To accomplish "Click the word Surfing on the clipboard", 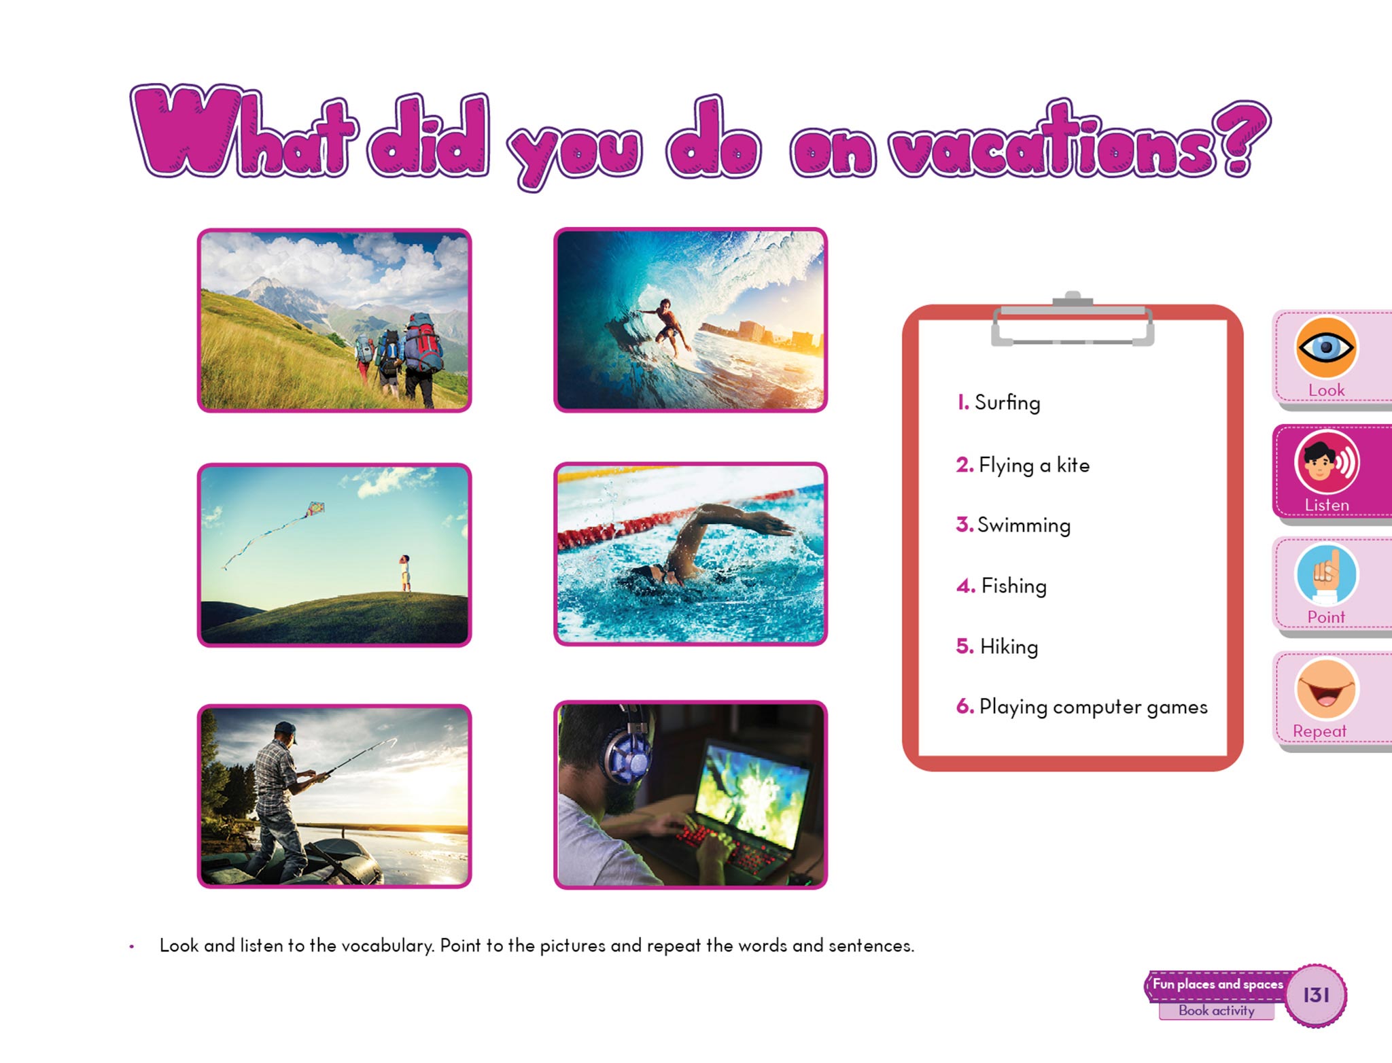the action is coord(1007,403).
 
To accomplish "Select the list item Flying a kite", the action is coord(1034,466).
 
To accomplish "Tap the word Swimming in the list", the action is coord(1024,525).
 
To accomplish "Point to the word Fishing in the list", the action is coord(1013,586).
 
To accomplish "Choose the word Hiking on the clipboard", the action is coord(1009,646).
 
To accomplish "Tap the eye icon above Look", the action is coord(1325,348).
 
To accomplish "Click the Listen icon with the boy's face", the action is coord(1326,463).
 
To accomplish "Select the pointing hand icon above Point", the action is coord(1326,575).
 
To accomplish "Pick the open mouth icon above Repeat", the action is coord(1326,689).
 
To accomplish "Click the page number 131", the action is coord(1316,995).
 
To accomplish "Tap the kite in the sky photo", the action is coord(315,509).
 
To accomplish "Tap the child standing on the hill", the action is coord(405,573).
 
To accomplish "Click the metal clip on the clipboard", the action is coord(1073,319).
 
